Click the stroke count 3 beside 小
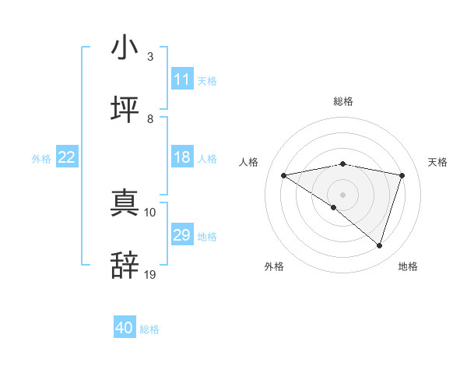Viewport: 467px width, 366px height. pos(150,57)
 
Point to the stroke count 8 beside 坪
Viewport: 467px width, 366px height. pos(150,118)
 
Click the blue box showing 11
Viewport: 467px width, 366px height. pos(181,79)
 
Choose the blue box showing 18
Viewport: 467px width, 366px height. pos(181,157)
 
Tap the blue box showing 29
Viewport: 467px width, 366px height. pos(181,235)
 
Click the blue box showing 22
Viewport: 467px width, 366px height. pos(67,157)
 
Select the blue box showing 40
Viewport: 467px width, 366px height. pos(125,328)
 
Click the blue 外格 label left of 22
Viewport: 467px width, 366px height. pos(41,159)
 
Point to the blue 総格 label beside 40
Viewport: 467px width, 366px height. pos(149,329)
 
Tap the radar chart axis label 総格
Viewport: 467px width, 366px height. pos(342,101)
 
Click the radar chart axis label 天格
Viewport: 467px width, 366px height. pos(437,162)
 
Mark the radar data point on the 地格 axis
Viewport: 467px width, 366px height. pos(379,245)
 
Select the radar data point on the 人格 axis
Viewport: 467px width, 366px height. pos(283,175)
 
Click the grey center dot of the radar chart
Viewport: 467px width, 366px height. pos(342,194)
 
